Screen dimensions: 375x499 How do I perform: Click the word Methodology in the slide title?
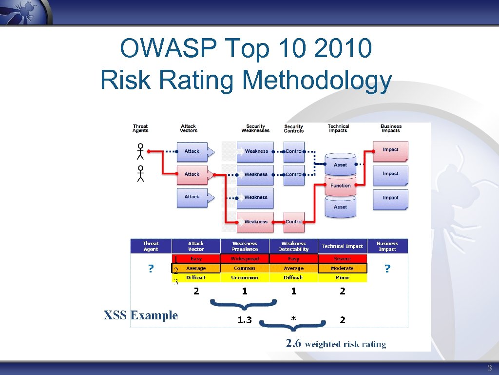tap(316, 80)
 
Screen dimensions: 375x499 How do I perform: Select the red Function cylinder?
tap(340, 186)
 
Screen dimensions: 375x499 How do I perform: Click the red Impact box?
tap(390, 150)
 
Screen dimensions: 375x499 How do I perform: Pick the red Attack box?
tap(192, 174)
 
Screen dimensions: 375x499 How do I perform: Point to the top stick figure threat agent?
tap(140, 151)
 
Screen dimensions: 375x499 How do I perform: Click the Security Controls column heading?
tap(293, 128)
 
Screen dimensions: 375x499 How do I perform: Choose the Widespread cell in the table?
tap(245, 258)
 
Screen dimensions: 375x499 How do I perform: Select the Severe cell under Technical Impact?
tap(342, 258)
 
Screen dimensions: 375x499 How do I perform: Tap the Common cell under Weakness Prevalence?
tap(245, 268)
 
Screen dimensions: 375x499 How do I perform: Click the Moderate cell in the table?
tap(342, 268)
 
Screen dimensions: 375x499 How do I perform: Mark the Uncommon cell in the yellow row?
tap(245, 277)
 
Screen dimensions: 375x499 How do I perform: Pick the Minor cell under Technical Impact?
tap(342, 277)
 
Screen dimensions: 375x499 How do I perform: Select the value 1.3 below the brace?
tap(245, 320)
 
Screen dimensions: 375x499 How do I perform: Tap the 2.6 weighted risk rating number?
tap(293, 343)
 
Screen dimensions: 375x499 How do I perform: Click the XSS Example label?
tap(140, 315)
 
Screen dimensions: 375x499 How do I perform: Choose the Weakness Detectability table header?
tap(293, 246)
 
